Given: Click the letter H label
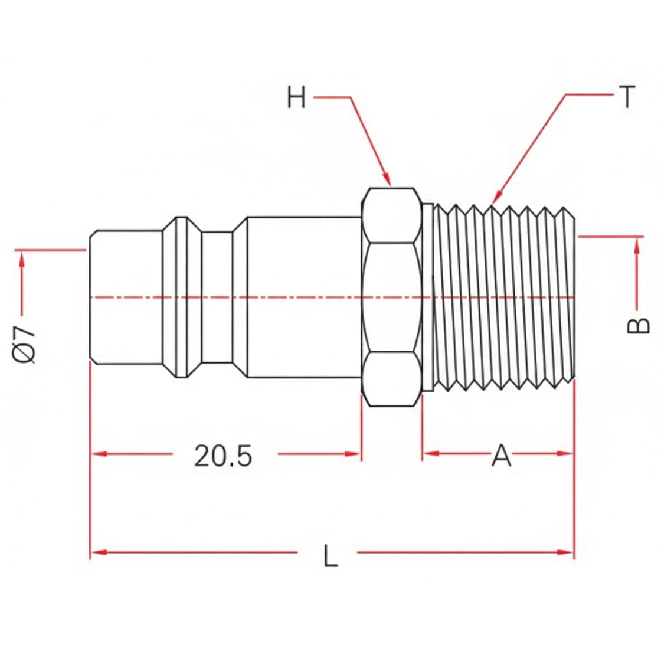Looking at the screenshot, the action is click(296, 97).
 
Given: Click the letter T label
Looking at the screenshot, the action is click(627, 97).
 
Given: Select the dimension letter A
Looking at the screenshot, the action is click(501, 455).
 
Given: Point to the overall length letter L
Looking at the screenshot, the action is click(330, 555).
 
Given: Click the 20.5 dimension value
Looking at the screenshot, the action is click(223, 456).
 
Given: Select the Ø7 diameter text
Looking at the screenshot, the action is click(24, 344).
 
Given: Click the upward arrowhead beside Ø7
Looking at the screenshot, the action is click(22, 259).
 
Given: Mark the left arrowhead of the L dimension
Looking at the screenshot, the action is click(99, 552).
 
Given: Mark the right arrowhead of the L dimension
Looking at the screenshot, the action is click(565, 552).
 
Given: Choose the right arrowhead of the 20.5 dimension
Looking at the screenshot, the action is click(352, 454).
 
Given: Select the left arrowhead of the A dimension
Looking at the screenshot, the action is click(431, 454).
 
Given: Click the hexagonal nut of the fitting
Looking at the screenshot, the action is click(392, 297).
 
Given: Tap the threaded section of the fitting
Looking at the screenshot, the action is click(504, 297).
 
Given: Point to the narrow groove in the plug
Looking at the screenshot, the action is click(217, 297).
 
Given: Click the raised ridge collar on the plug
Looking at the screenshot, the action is click(182, 297).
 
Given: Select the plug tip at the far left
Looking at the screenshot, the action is click(126, 297).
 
